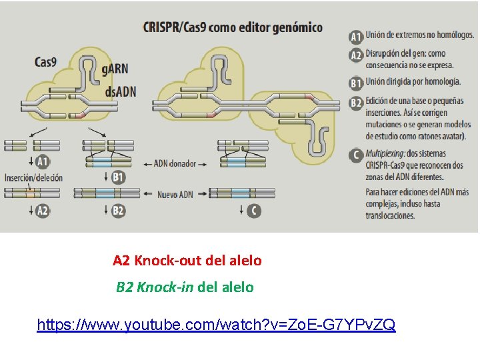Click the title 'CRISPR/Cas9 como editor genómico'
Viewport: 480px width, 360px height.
233,27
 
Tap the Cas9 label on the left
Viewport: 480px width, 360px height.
45,62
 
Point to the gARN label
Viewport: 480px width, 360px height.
115,69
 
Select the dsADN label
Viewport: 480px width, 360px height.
121,91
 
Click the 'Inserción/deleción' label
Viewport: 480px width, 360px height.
33,178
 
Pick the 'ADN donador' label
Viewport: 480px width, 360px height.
175,163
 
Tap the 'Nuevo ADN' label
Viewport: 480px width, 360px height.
175,195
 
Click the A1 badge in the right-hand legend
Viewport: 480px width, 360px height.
356,36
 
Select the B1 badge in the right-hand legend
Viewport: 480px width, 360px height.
356,83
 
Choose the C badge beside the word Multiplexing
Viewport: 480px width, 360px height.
356,155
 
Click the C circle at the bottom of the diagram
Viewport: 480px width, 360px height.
253,211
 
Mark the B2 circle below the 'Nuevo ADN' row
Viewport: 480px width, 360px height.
118,211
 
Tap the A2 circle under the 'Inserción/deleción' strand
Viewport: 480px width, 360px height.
42,211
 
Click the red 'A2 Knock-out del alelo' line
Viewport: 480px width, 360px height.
187,261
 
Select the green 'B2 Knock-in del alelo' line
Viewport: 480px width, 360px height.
185,287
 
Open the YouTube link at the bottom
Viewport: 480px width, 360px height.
216,325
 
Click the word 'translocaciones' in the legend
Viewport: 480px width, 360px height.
390,215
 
